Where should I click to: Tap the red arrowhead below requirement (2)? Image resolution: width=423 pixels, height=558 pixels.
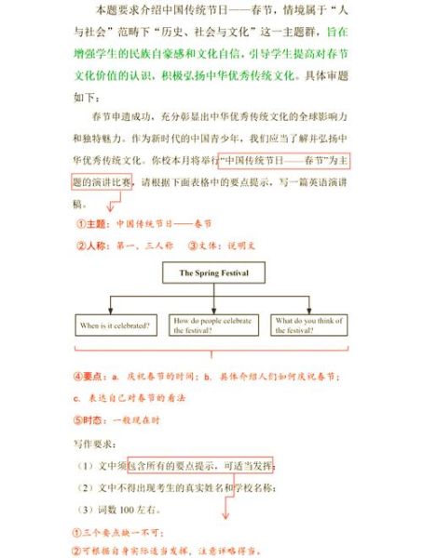point(225,516)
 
